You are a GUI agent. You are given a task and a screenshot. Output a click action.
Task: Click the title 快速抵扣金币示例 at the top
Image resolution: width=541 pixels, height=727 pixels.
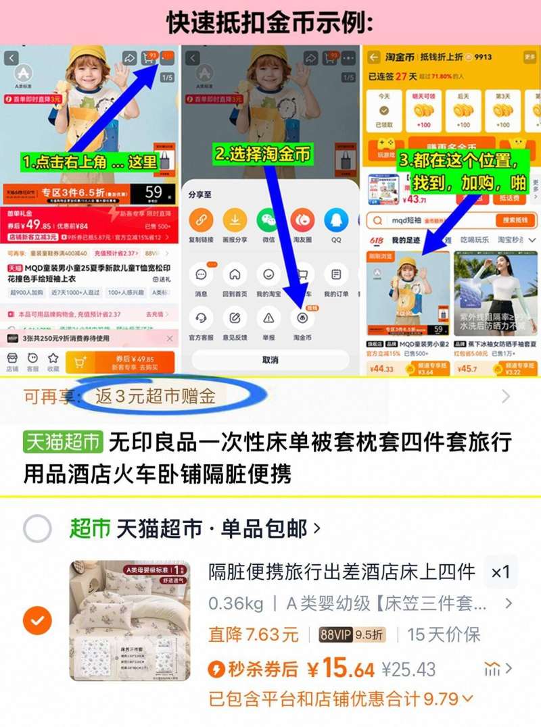270,22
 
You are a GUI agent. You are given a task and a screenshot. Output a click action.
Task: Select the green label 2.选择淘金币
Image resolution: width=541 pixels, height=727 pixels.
263,154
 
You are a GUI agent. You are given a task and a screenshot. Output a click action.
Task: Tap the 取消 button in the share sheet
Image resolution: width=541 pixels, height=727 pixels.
270,360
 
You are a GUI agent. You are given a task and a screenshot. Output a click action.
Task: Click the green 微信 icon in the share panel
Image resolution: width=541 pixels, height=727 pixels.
268,220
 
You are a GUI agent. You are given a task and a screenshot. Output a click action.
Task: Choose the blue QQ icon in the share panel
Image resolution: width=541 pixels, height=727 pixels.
336,220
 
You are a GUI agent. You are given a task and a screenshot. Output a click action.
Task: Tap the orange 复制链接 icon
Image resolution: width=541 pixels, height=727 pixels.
201,220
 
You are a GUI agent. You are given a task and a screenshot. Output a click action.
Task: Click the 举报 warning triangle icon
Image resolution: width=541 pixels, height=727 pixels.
268,318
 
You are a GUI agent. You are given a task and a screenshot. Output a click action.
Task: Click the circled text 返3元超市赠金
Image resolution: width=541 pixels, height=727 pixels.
155,397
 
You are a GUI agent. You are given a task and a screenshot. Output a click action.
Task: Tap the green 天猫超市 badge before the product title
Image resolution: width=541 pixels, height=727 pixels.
62,443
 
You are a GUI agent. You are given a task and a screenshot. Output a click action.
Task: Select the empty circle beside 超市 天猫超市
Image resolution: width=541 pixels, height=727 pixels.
37,528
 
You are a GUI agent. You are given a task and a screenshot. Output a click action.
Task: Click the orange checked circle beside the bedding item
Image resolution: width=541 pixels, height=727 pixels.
37,620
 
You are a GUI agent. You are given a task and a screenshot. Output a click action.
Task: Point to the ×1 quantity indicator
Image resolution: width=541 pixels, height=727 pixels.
500,572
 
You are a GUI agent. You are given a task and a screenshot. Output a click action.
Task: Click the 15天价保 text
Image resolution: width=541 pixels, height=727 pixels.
444,635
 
